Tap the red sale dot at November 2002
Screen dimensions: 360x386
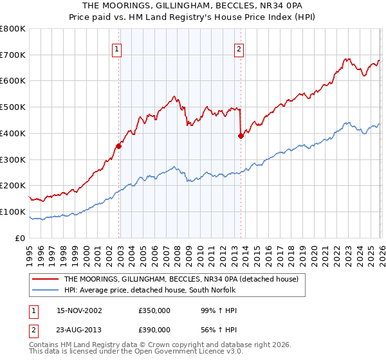pos(119,146)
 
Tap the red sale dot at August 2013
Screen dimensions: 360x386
pos(241,136)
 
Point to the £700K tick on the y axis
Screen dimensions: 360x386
pos(14,55)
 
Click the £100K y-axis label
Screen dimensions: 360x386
pos(14,212)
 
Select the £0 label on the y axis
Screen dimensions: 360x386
pos(19,238)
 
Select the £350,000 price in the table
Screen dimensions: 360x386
pos(154,310)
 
